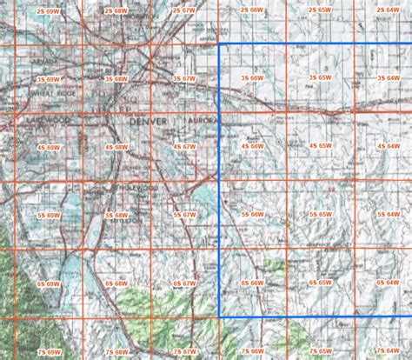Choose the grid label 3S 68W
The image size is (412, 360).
116,77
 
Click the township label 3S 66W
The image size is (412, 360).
252,77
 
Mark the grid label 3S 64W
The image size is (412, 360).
389,77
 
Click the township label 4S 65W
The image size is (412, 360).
320,148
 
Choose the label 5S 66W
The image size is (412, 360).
252,213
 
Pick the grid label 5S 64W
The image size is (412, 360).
389,213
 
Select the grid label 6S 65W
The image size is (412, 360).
320,283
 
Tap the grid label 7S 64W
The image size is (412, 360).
389,351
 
